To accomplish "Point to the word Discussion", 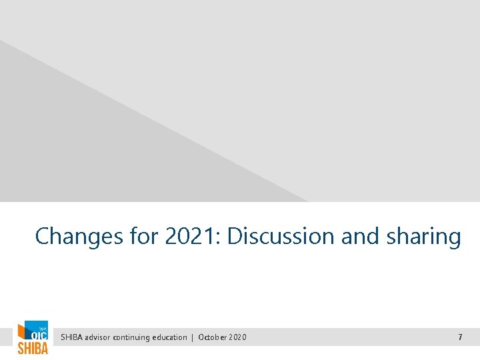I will pos(281,237).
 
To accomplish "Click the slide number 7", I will pos(460,337).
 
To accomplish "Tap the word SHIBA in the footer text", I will pos(72,337).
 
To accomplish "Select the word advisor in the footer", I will pos(98,337).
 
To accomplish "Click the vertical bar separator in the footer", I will pos(193,337).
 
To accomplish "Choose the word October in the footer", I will pos(213,337).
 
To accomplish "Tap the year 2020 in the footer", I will pos(238,337).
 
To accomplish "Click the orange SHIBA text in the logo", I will pos(33,348).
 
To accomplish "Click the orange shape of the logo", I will pos(23,333).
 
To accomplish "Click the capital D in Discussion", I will pos(235,237).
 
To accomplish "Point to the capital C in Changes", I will pos(42,237).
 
